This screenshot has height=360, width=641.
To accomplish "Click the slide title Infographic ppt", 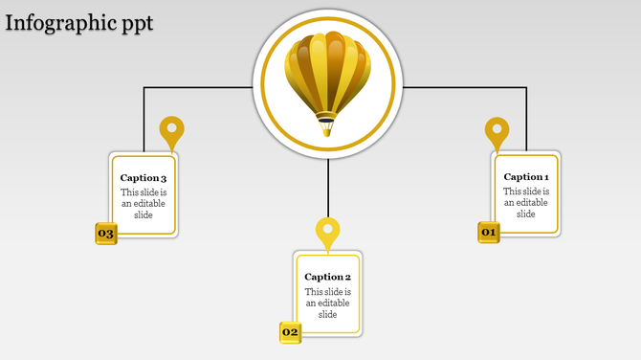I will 78,23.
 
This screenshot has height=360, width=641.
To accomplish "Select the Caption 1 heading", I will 526,177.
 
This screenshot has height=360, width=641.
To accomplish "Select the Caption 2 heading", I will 328,278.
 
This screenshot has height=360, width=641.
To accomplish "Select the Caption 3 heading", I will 144,178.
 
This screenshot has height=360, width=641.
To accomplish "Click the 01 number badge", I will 489,232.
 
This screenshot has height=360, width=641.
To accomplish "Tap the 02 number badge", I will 290,332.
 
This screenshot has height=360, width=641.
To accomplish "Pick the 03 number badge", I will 105,234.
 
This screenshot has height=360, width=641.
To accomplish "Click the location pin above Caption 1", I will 497,131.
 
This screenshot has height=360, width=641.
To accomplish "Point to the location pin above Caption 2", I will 328,232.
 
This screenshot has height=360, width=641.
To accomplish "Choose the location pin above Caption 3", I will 171,131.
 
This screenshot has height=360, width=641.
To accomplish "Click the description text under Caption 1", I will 526,202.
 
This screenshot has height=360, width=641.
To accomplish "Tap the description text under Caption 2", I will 328,303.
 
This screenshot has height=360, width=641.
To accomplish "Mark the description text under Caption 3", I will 144,203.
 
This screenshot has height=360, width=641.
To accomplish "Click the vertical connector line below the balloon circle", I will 328,187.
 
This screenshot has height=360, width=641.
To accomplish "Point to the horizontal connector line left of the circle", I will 196,88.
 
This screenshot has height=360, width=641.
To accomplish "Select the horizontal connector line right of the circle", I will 464,88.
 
